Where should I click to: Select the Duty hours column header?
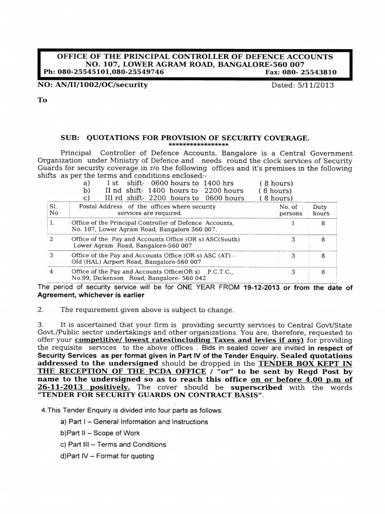coord(321,210)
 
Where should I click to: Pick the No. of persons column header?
coord(291,210)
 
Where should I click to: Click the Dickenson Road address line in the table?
coord(139,277)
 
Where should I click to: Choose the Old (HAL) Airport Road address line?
coord(137,262)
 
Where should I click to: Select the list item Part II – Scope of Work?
coord(100,433)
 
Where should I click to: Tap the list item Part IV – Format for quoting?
coord(107,456)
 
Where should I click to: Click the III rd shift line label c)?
coord(87,198)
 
